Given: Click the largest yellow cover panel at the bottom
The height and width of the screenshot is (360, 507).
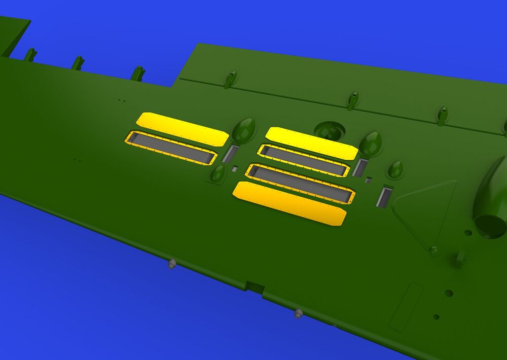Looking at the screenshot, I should pyautogui.click(x=289, y=203).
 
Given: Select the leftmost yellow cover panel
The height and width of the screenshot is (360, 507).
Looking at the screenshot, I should pyautogui.click(x=182, y=129).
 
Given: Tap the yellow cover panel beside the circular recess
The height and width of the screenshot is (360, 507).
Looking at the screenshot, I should pyautogui.click(x=311, y=143).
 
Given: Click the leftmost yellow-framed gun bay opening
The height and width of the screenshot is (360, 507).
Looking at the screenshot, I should pyautogui.click(x=171, y=148).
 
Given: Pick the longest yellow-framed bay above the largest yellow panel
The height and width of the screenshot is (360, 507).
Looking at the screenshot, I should pyautogui.click(x=300, y=183).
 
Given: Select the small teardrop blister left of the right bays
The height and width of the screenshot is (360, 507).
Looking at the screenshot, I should pyautogui.click(x=218, y=173).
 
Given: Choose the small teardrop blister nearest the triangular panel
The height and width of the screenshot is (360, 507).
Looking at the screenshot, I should pyautogui.click(x=395, y=170).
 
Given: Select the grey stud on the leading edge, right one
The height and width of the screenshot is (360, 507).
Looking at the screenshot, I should pyautogui.click(x=299, y=313).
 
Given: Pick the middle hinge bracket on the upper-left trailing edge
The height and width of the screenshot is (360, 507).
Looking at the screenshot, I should pyautogui.click(x=78, y=62).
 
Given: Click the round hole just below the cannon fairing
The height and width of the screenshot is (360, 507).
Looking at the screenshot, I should pyautogui.click(x=467, y=233).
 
